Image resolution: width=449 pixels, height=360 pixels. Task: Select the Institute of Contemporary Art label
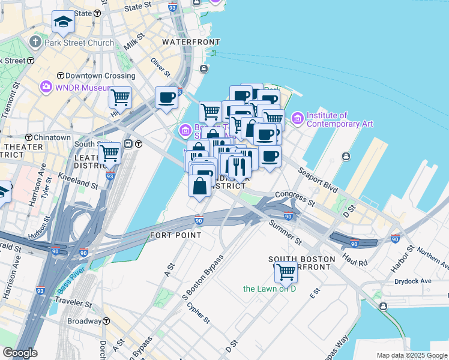click(x=340, y=119)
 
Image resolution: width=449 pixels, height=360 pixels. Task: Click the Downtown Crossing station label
click(x=100, y=76)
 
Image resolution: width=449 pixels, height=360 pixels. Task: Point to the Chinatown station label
click(x=52, y=137)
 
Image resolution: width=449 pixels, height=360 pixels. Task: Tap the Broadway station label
click(x=84, y=321)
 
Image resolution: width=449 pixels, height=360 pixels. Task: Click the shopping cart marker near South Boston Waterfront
click(x=286, y=272)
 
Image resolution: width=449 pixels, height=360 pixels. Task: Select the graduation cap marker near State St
click(x=62, y=23)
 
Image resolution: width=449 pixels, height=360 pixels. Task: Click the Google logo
click(x=20, y=353)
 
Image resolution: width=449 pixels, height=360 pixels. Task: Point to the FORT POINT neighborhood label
click(x=176, y=235)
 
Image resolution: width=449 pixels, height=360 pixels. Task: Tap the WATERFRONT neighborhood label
click(x=191, y=43)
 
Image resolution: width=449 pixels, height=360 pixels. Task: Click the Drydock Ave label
click(x=413, y=281)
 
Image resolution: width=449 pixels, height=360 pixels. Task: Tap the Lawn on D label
click(x=270, y=289)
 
